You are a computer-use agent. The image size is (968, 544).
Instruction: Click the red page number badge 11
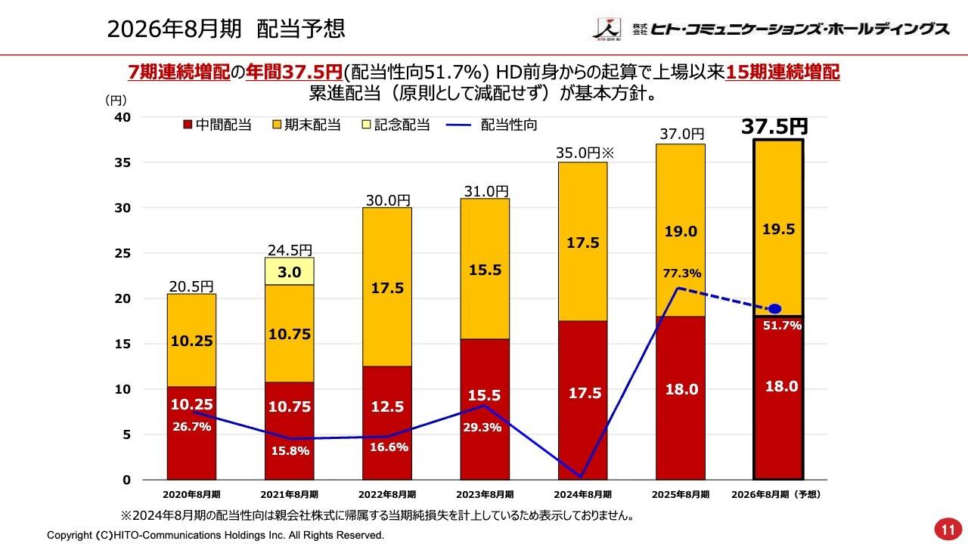tap(945, 527)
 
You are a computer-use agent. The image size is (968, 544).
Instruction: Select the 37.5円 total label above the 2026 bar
tap(774, 126)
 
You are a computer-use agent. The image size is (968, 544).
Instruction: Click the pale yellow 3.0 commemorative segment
tap(289, 272)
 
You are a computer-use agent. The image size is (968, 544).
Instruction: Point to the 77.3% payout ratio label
tap(681, 274)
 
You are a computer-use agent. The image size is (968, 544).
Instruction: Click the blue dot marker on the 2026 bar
tap(774, 309)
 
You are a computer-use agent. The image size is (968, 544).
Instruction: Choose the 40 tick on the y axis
tap(123, 117)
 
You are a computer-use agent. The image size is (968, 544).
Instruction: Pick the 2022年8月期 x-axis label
tap(386, 494)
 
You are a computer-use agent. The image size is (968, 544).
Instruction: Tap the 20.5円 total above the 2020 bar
tap(191, 286)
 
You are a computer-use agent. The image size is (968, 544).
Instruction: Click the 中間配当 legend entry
tap(217, 125)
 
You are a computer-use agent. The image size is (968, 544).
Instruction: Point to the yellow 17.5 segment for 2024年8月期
tap(583, 242)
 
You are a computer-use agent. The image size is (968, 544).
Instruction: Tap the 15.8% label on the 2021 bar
tap(289, 451)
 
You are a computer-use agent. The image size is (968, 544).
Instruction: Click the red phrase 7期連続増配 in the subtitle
tap(178, 73)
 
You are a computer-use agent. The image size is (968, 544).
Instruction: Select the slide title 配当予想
tap(300, 29)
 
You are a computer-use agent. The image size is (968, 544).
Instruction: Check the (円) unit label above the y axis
tap(116, 99)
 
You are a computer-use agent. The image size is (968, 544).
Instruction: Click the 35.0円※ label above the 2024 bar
tap(587, 153)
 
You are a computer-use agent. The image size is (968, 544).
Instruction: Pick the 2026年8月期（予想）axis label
tap(777, 494)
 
